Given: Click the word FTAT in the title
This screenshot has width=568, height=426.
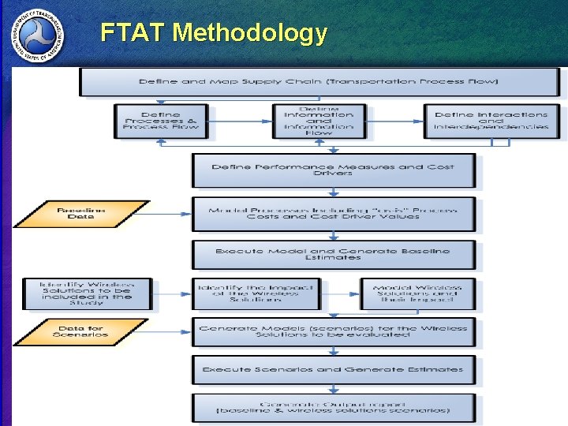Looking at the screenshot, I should [133, 33].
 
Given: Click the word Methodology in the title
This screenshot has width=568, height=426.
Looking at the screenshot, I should [249, 33].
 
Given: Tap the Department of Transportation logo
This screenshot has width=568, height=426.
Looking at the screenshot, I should [37, 36].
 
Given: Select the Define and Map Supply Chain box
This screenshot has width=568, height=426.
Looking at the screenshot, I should [318, 82].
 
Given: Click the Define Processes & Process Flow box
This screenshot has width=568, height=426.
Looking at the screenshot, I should [161, 121].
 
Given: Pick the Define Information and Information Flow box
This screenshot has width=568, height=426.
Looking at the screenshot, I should [319, 121].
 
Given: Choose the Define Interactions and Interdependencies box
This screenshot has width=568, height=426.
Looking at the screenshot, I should [490, 121].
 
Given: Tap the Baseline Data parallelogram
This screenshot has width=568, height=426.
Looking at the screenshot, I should [81, 213].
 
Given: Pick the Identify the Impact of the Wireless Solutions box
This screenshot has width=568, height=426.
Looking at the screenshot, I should [256, 293].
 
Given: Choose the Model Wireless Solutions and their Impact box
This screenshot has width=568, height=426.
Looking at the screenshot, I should [417, 293].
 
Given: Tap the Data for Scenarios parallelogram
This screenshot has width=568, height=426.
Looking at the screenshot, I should [81, 331].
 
